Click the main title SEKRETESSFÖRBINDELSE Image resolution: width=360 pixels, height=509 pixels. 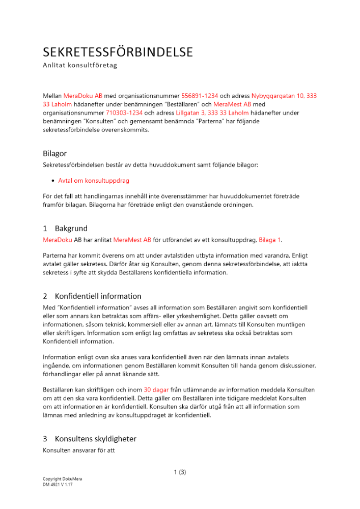[118, 52]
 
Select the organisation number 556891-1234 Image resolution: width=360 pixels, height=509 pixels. [200, 96]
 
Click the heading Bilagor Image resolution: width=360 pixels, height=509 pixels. [54, 153]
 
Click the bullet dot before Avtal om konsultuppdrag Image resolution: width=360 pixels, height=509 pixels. [53, 181]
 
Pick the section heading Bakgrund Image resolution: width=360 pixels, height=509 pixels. [71, 229]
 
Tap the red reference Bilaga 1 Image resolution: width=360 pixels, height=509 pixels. [270, 239]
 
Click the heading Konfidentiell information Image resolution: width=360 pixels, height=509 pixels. [98, 296]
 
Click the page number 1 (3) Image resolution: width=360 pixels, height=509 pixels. [180, 472]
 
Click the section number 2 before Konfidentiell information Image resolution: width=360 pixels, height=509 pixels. [45, 296]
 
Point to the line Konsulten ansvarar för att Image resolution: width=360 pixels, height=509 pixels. [78, 450]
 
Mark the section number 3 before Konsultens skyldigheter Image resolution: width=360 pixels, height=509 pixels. [45, 439]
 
